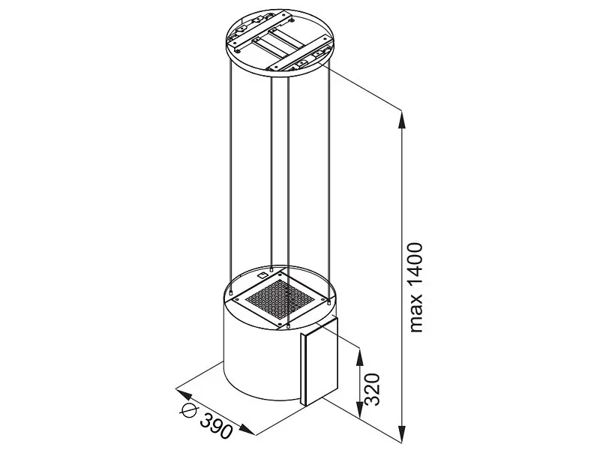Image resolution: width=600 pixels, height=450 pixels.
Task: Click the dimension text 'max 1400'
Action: [416, 287]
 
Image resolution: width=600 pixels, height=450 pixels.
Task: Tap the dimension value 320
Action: [372, 389]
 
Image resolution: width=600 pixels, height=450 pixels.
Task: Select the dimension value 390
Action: [216, 425]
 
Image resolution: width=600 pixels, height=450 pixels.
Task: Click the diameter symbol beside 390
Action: [189, 409]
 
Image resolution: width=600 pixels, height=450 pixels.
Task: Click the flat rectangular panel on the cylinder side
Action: [319, 361]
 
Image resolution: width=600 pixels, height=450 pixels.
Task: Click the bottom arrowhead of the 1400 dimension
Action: [402, 432]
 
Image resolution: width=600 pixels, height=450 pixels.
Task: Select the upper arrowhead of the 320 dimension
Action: [359, 357]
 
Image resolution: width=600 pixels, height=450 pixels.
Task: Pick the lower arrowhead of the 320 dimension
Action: [359, 409]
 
